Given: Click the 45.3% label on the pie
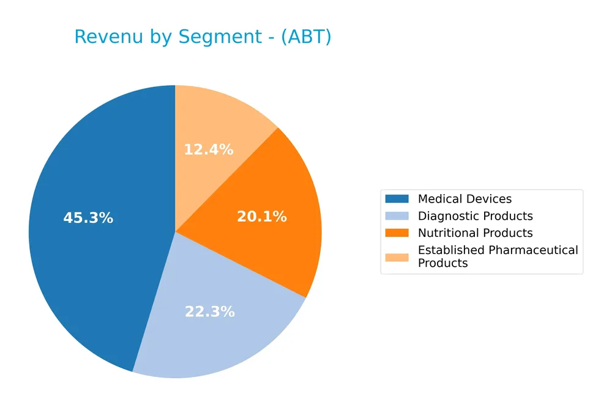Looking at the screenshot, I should [x=88, y=218].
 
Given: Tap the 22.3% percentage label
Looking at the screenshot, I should [x=209, y=312].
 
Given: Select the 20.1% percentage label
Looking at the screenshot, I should [x=261, y=216].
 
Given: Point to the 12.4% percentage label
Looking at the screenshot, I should [x=208, y=149].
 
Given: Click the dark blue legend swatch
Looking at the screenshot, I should [x=397, y=199].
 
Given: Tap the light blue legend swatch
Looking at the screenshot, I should [x=397, y=216].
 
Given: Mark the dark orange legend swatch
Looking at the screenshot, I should [x=397, y=233].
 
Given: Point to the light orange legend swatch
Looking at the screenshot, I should [x=397, y=256].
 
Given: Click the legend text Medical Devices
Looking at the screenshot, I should [x=465, y=199].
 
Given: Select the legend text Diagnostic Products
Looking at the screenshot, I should [x=475, y=216].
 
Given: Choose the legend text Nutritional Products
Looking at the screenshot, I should [x=475, y=233].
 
